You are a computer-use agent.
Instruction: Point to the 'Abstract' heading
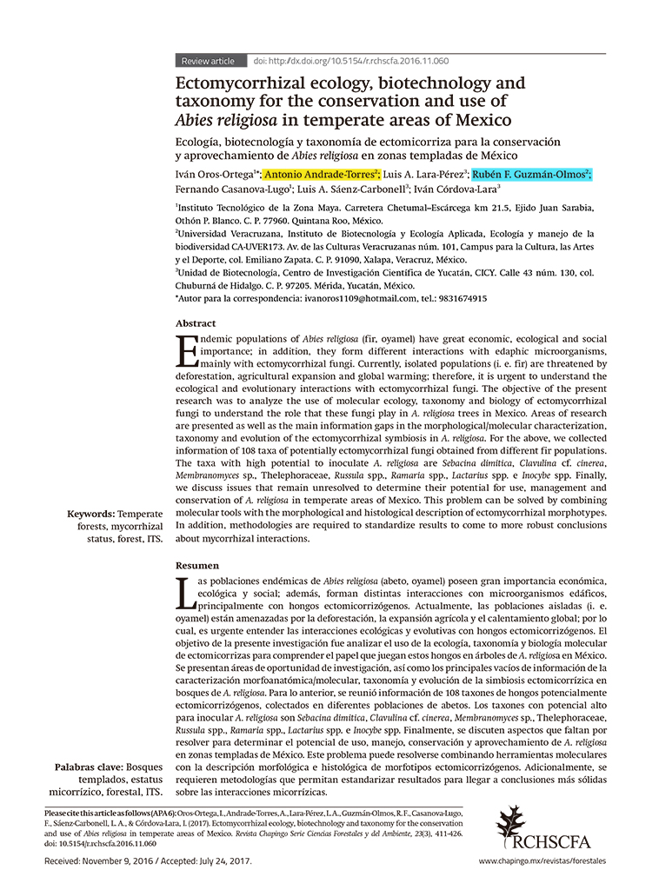pos(196,322)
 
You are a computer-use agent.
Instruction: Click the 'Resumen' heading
pos(197,565)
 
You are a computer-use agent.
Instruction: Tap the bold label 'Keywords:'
pos(90,515)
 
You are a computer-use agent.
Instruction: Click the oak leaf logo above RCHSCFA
pos(511,822)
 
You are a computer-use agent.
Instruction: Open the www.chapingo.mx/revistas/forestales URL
pos(542,860)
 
